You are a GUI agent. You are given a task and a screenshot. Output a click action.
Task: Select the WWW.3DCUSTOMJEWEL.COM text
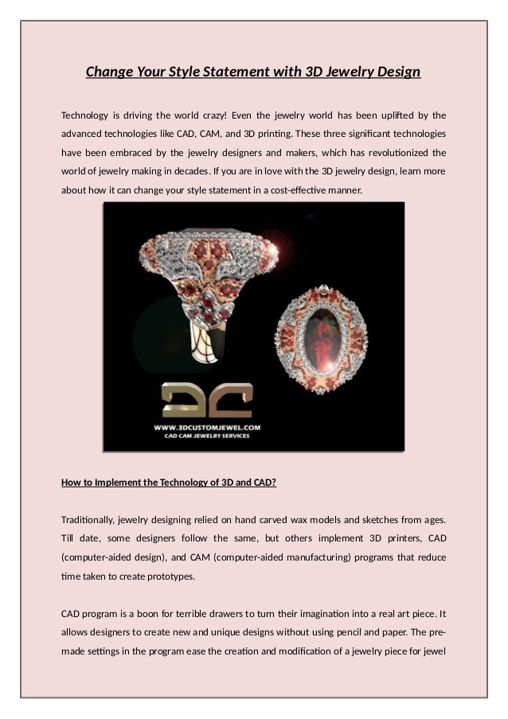pyautogui.click(x=207, y=427)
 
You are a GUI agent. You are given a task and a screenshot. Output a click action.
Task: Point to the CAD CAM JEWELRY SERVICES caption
pyautogui.click(x=207, y=436)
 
